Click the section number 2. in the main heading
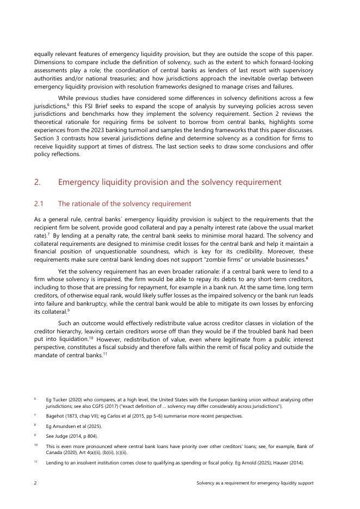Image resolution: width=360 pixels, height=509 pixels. pos(36,182)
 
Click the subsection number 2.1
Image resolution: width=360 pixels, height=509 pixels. pos(38,204)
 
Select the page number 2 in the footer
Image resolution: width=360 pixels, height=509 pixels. pos(35,483)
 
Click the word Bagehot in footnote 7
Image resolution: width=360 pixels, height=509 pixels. pos(55,416)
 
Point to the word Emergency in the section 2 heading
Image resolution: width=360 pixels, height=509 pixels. pos(79,182)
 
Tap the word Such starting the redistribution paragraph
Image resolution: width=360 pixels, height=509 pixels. pos(66,322)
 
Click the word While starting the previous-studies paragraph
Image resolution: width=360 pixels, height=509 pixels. pos(67,98)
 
